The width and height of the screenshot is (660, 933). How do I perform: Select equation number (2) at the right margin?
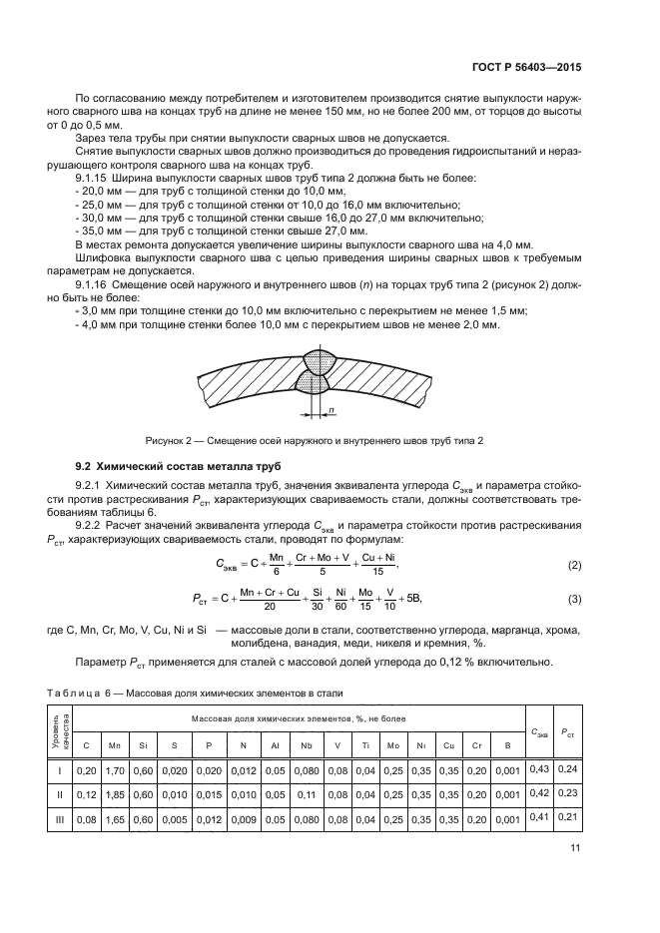click(x=574, y=567)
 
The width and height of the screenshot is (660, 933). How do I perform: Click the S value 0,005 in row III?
click(x=176, y=819)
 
